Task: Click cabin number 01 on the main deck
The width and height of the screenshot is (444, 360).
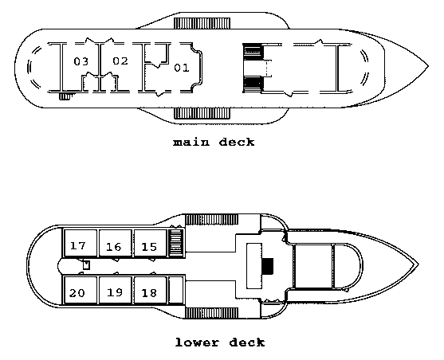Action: point(181,68)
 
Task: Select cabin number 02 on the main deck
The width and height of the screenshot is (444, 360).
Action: point(120,61)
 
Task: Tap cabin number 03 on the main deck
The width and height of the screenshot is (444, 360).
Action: point(81,61)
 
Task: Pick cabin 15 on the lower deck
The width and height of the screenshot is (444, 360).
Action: point(150,244)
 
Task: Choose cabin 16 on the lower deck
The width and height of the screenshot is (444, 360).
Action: point(116,244)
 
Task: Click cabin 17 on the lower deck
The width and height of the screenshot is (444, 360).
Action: point(81,244)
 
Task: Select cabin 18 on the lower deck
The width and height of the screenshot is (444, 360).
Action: point(150,290)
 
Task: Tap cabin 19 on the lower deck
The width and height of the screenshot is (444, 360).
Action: point(116,290)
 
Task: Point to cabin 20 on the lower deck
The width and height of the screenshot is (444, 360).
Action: point(81,290)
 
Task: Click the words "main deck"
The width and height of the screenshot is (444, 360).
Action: point(214,142)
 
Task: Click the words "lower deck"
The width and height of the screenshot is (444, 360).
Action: point(220,342)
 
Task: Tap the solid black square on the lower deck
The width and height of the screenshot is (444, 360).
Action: point(268,266)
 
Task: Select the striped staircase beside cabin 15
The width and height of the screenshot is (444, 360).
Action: point(176,244)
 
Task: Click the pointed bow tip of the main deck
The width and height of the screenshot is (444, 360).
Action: point(428,67)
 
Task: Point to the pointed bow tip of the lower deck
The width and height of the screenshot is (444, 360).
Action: point(418,264)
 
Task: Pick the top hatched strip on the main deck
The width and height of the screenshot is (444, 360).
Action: point(202,23)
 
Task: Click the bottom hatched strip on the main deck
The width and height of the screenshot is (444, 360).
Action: point(202,113)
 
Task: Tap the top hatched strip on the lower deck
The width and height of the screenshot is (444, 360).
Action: point(211,220)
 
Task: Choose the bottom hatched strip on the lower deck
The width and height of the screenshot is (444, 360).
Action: point(211,313)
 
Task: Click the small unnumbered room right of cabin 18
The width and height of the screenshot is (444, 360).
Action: point(176,290)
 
